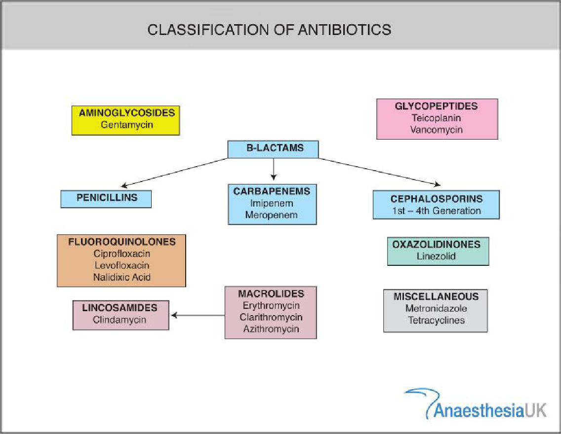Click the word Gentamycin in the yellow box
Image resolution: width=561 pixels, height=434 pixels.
click(x=126, y=125)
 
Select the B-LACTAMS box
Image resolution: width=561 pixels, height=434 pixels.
click(x=273, y=149)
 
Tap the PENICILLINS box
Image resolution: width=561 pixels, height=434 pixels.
click(x=106, y=199)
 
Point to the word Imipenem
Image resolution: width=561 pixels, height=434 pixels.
click(x=272, y=204)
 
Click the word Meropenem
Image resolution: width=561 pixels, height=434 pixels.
click(x=271, y=215)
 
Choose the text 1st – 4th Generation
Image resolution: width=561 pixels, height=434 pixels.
click(x=436, y=211)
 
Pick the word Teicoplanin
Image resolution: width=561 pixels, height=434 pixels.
click(x=436, y=118)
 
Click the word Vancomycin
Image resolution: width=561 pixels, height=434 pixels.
click(x=436, y=130)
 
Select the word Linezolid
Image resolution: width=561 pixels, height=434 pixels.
click(x=436, y=256)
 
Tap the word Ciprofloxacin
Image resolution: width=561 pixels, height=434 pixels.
click(x=121, y=253)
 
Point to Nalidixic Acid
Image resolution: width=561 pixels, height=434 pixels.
click(x=121, y=277)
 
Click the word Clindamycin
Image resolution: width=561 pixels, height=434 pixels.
click(x=120, y=320)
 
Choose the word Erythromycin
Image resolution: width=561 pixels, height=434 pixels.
click(x=271, y=306)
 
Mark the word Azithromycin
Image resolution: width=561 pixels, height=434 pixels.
click(x=271, y=329)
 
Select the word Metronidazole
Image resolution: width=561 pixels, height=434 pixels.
click(x=436, y=308)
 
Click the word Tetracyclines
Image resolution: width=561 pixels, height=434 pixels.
click(x=436, y=320)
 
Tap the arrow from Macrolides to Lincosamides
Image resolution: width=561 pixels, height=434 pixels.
click(x=198, y=316)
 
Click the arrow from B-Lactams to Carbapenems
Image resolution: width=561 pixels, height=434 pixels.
click(x=274, y=169)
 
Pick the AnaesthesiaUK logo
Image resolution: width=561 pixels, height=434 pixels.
click(x=476, y=403)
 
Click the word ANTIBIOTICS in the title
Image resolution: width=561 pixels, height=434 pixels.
click(x=344, y=30)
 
